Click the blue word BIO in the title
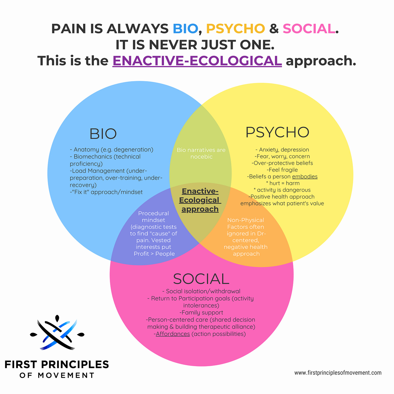185,29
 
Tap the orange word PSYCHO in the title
235,29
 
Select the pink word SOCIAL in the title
309,29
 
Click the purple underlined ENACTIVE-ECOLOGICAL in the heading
197,61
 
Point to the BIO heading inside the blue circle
103,134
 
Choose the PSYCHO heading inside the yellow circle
277,132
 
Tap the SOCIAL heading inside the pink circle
201,279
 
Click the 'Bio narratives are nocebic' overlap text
201,153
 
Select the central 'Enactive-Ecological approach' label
200,200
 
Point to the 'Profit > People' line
154,254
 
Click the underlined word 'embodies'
305,176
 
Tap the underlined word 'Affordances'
173,334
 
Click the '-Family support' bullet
201,313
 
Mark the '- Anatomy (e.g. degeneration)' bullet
111,149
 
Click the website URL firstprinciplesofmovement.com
338,373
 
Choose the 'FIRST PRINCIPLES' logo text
57,364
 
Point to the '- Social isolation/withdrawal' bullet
201,291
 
